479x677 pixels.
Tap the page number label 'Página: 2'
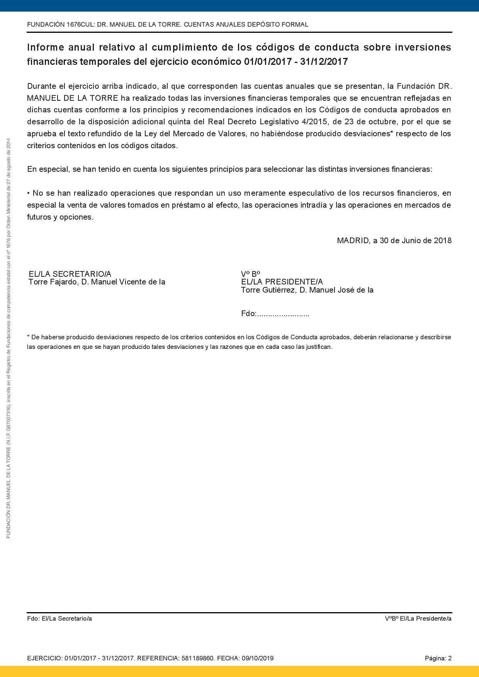click(438, 658)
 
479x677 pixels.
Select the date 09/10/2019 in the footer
click(259, 658)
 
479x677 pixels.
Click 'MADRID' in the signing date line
click(353, 240)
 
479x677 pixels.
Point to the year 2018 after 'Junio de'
click(443, 240)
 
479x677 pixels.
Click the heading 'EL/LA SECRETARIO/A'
click(70, 274)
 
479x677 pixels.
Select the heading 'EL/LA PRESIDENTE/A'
click(282, 282)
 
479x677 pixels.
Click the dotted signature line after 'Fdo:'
click(283, 314)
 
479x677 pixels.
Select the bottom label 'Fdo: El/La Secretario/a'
click(59, 618)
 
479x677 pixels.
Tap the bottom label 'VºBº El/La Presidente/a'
click(418, 618)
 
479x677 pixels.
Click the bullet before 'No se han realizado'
click(29, 193)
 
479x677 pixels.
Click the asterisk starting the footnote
click(28, 337)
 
